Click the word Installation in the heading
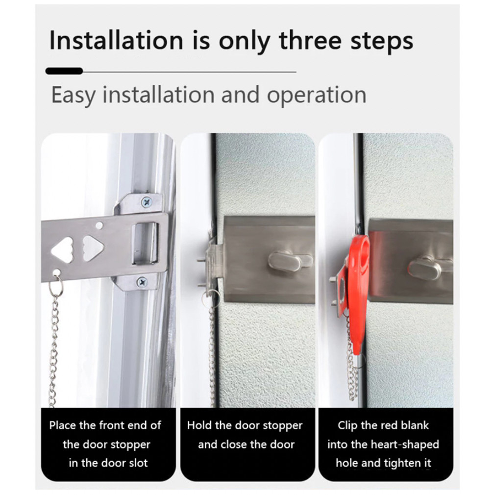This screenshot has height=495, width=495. tap(117, 40)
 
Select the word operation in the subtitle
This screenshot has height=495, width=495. tap(317, 95)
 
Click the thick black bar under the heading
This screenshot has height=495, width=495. tap(64, 71)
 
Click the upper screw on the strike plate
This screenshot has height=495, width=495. tap(146, 202)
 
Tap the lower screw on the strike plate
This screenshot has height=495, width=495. tap(142, 282)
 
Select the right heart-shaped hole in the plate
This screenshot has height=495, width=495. tap(93, 248)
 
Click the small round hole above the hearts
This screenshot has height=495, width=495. tap(99, 225)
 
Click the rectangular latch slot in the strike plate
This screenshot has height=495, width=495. tap(145, 243)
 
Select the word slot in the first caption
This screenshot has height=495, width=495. tap(137, 463)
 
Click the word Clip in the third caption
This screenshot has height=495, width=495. tap(347, 425)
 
